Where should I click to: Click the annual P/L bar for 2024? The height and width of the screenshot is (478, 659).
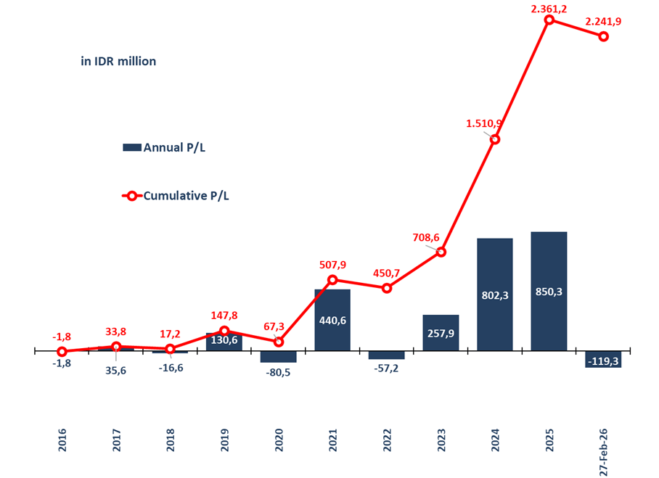coord(495,294)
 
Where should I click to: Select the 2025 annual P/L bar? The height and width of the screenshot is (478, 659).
coord(549,291)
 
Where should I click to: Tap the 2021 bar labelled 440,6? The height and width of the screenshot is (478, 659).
coord(332,319)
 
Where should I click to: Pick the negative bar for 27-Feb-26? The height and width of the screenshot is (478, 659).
coord(603,359)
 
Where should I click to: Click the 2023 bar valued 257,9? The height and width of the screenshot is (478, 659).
coord(441,332)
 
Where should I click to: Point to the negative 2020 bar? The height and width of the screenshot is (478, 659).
coord(279,356)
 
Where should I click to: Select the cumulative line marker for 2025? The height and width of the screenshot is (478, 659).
coord(549,20)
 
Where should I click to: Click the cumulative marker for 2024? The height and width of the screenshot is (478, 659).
coord(495,139)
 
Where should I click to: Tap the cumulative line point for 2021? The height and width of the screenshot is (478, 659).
coord(332,279)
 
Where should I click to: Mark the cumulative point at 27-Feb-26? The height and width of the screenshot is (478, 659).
coord(603,36)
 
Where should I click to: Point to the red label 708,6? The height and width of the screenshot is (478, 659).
coord(426,237)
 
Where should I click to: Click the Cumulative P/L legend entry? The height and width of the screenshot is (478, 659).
coord(177,195)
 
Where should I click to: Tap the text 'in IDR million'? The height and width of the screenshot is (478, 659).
coord(118,62)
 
